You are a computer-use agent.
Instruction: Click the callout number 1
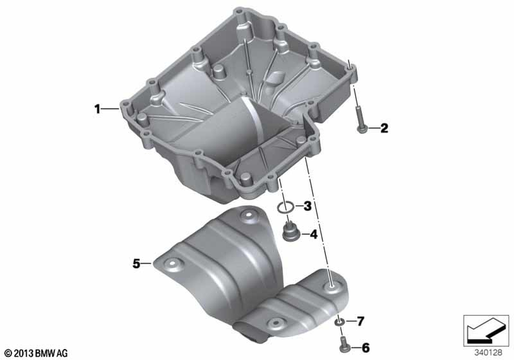(97, 109)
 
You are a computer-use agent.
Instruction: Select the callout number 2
(384, 128)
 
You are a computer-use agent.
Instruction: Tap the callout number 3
(307, 206)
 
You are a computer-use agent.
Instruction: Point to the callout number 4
(314, 234)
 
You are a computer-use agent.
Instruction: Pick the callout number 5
(136, 263)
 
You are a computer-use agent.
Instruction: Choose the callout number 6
(365, 348)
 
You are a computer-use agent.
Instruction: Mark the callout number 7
(361, 321)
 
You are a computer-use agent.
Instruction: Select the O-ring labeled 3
(285, 207)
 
